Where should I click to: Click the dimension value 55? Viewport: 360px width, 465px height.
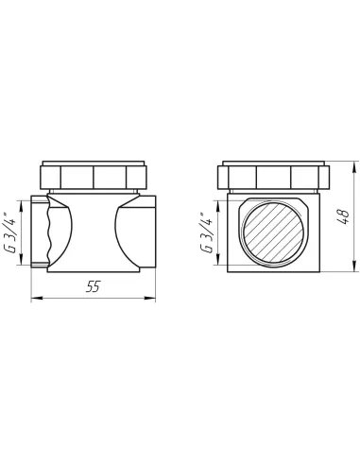coord(93,286)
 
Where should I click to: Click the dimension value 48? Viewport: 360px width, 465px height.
coord(344,216)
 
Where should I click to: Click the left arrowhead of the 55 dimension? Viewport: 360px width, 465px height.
coord(37,298)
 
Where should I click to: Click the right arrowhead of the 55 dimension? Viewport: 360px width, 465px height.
coord(150,298)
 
